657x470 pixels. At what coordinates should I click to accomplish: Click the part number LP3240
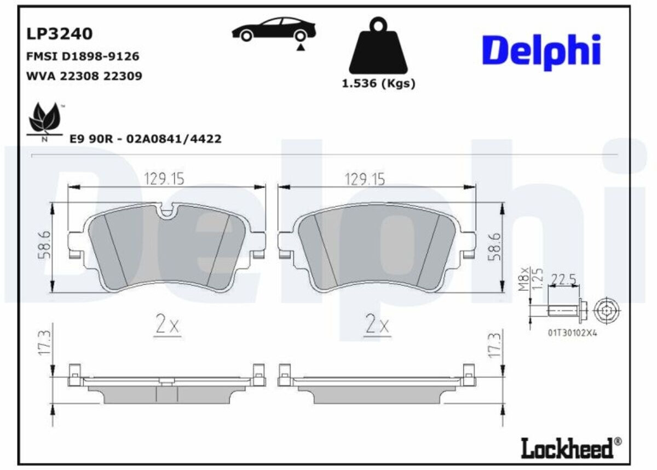60,34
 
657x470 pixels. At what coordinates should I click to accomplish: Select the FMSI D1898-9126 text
83,56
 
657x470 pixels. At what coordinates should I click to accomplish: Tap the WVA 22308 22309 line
84,76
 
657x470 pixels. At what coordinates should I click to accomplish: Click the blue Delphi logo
541,52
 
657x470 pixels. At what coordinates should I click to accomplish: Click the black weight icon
378,45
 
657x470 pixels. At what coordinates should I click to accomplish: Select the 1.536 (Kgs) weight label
378,84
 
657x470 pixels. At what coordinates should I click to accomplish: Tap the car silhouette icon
274,30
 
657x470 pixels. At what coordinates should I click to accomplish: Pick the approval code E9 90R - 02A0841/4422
145,139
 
